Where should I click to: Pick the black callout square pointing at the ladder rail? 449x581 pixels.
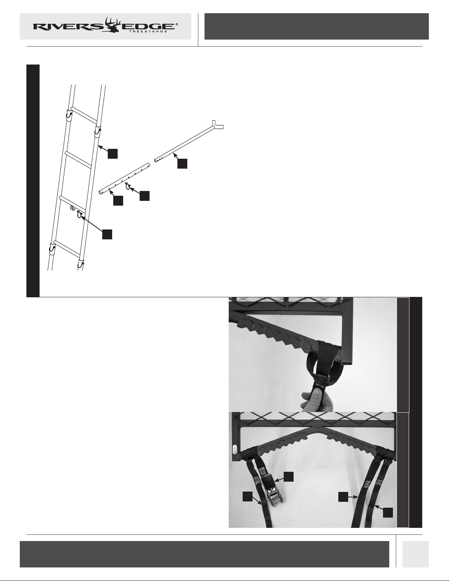click(113, 154)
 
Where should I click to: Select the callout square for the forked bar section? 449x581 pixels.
click(182, 163)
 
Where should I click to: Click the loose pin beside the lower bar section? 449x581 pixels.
click(128, 186)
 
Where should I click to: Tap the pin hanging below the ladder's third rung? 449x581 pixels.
click(80, 214)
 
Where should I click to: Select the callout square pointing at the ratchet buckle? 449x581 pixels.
click(288, 477)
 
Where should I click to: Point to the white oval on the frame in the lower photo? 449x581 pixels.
click(235, 449)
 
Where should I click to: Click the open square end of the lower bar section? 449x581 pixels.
click(100, 192)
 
